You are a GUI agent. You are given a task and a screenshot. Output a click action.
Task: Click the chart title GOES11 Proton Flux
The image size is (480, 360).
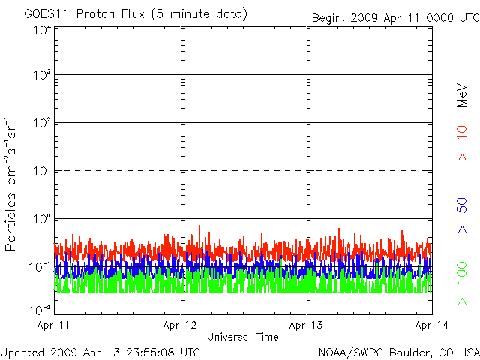point(85,14)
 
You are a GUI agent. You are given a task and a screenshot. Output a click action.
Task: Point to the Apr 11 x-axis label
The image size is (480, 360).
point(53,325)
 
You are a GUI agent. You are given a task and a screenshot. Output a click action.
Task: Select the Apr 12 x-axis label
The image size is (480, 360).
point(180,325)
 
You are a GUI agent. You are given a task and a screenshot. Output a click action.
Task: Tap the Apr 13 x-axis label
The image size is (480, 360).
point(306,325)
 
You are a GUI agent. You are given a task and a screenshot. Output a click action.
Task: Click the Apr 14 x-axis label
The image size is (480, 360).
point(432,325)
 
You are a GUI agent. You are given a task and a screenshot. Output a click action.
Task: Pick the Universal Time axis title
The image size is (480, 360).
point(243,337)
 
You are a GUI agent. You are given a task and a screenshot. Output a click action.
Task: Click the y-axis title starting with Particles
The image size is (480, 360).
point(10,184)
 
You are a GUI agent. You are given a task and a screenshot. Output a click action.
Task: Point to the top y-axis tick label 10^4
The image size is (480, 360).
point(41,30)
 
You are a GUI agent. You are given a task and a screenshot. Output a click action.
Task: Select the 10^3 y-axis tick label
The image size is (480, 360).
point(41,75)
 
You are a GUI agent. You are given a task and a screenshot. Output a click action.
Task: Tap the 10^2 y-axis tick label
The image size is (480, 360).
point(41,123)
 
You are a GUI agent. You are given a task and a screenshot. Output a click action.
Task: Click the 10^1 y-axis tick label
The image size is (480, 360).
point(41,171)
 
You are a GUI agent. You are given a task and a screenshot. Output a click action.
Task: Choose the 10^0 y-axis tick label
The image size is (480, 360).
point(41,219)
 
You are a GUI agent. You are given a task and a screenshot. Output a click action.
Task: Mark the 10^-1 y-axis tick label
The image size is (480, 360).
point(40,267)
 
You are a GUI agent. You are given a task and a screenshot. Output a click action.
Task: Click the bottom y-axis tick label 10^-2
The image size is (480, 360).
point(40,310)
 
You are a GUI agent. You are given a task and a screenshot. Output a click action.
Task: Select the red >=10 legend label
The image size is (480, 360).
point(462,143)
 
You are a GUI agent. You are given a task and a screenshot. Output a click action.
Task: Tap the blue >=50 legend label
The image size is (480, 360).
point(462,215)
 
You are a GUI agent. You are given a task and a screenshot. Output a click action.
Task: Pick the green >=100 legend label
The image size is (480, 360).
point(462,283)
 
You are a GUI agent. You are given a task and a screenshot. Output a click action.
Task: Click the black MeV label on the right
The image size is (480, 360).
point(462,95)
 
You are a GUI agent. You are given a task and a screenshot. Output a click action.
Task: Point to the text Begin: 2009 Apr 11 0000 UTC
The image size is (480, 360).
point(396,18)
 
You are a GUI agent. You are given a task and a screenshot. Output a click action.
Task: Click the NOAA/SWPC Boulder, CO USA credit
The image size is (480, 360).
point(399,352)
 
